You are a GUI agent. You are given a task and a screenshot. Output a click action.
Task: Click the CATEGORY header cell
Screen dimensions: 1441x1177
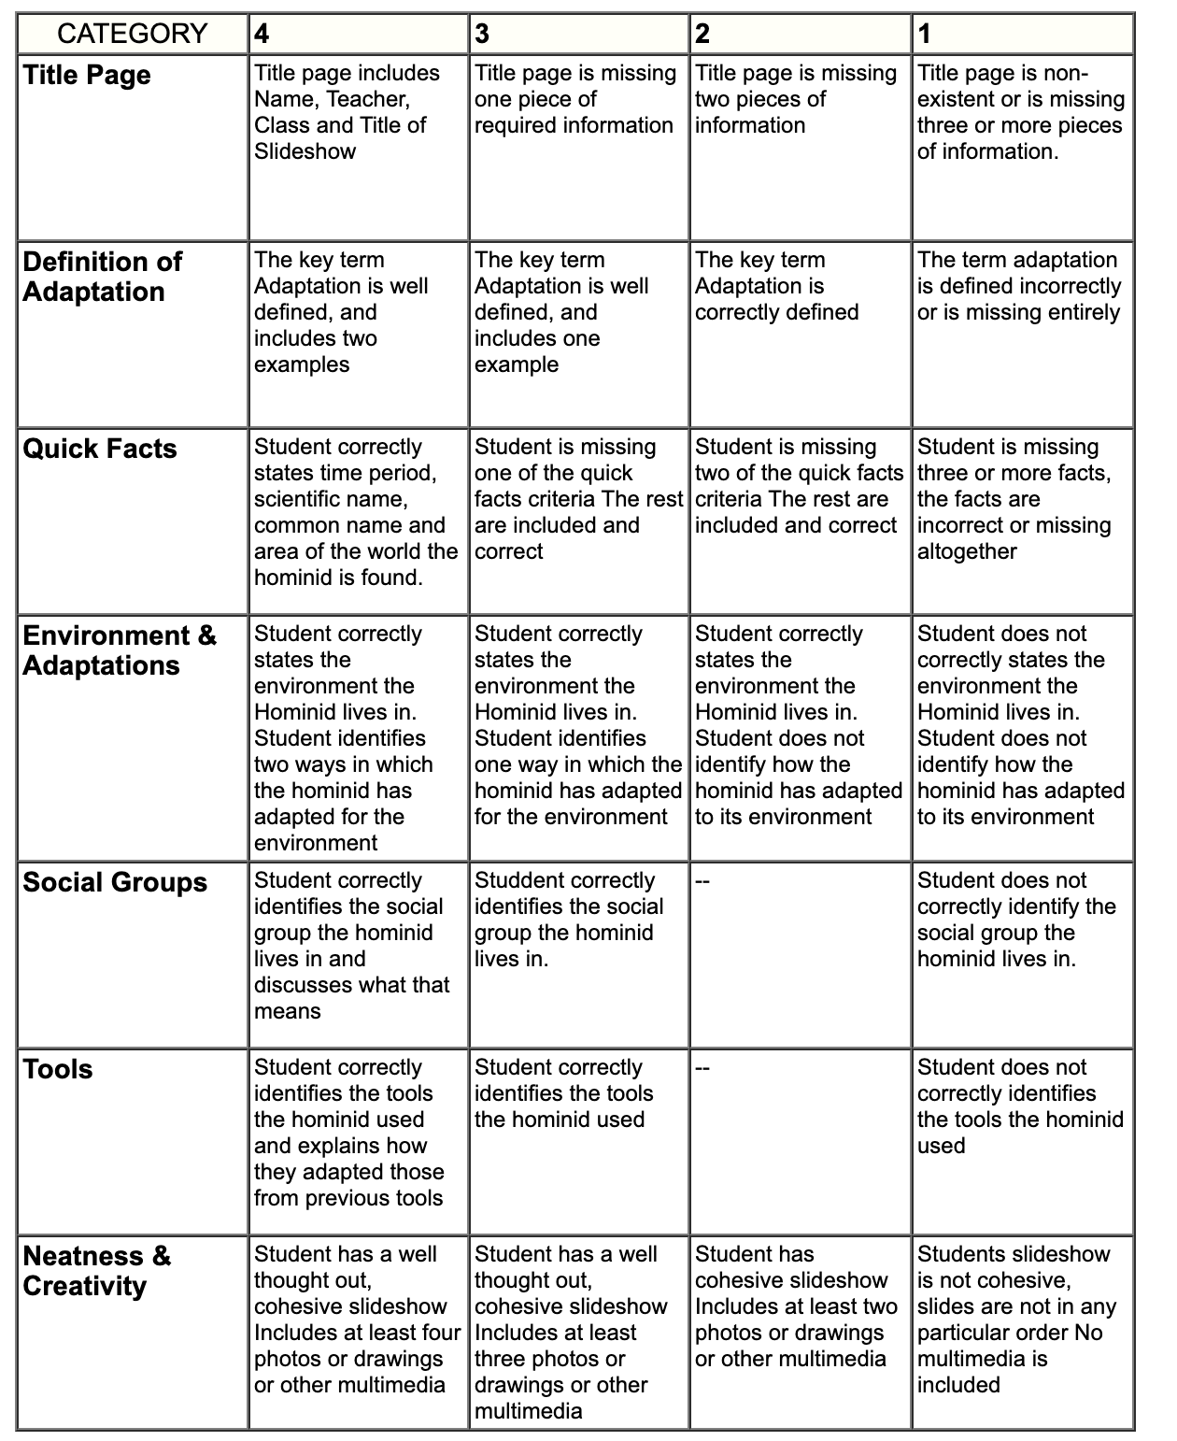(x=132, y=35)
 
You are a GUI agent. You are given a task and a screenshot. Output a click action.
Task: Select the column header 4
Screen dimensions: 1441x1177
(x=262, y=35)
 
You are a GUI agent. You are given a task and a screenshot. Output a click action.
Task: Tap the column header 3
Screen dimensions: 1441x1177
(x=482, y=35)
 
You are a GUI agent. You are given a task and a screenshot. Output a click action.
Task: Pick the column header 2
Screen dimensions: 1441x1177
(x=702, y=35)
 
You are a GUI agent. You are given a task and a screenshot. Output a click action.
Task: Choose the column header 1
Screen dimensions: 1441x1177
(x=924, y=35)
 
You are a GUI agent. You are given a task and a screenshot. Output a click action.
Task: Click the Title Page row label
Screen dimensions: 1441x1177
(x=87, y=75)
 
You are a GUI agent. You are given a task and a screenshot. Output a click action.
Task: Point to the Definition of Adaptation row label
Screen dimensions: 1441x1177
(x=102, y=277)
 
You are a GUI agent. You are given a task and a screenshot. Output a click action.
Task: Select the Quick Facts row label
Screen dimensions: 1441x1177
(x=100, y=449)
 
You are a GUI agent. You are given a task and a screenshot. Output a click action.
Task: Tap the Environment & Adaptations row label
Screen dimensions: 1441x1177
(x=119, y=650)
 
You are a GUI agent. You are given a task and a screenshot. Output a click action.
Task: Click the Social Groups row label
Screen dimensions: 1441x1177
(x=115, y=882)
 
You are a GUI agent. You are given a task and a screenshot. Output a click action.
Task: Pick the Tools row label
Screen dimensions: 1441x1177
(x=58, y=1069)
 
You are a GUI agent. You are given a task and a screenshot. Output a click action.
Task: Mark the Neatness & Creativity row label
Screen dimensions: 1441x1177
(x=97, y=1271)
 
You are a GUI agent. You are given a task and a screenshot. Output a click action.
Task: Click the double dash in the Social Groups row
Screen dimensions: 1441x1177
(x=702, y=881)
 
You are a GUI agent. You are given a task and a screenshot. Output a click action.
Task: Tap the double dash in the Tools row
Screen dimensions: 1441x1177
(x=702, y=1068)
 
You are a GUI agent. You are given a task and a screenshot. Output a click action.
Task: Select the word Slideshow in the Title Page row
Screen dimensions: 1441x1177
(x=305, y=151)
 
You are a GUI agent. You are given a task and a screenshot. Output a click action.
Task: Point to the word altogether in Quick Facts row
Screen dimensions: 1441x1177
(x=967, y=551)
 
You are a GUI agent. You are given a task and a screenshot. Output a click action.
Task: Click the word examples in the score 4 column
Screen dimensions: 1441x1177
(x=302, y=364)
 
